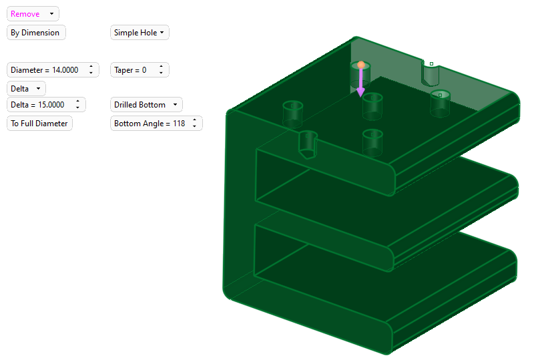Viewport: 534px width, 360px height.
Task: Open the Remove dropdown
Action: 33,14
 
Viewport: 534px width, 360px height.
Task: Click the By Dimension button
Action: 36,33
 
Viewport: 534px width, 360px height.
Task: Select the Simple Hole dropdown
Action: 140,33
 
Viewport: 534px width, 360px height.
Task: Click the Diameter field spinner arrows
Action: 91,70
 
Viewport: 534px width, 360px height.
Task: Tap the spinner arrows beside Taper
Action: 161,70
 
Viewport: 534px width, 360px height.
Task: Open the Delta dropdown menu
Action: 26,89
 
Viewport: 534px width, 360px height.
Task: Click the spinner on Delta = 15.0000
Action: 77,105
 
